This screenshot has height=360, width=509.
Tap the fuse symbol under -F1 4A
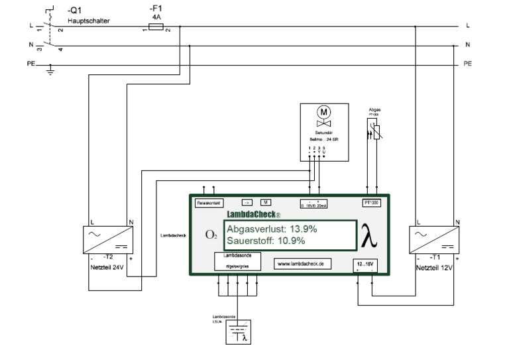155,27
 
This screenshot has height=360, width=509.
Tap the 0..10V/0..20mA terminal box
315,204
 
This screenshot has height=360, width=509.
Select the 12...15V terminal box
365,266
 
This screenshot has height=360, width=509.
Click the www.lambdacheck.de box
302,264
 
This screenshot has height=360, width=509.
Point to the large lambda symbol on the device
370,235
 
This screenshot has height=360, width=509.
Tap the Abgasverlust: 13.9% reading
272,229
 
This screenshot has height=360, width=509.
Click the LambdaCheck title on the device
253,215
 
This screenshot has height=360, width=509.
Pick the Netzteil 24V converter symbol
109,239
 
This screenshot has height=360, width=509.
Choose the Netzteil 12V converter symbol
435,239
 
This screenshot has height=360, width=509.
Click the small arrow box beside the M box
247,203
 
